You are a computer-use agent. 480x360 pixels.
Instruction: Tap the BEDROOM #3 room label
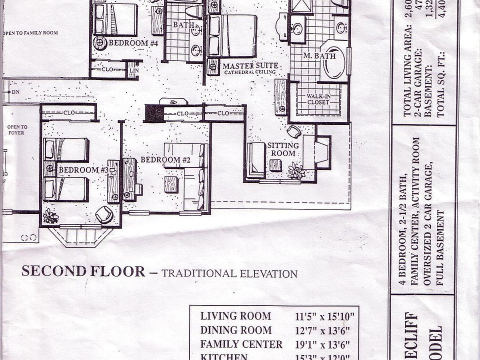pos(83,170)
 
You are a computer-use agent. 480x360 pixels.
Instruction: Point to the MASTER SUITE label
pos(249,66)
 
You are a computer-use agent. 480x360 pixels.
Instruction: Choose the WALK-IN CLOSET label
pos(318,99)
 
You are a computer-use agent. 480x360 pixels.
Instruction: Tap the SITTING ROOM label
pos(283,149)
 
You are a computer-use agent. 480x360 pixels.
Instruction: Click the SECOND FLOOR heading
pos(83,271)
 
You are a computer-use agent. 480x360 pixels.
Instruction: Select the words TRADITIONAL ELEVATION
pos(229,273)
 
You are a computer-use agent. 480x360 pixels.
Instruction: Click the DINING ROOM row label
pos(236,330)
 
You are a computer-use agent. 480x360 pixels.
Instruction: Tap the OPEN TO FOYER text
pos(17,130)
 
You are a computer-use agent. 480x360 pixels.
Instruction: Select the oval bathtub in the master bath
pos(333,63)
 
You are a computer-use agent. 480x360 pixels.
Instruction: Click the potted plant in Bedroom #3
pos(50,216)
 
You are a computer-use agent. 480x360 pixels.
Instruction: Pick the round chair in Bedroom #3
pos(104,214)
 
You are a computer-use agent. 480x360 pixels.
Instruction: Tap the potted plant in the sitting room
pos(296,171)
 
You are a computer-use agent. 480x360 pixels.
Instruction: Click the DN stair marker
pos(15,92)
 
